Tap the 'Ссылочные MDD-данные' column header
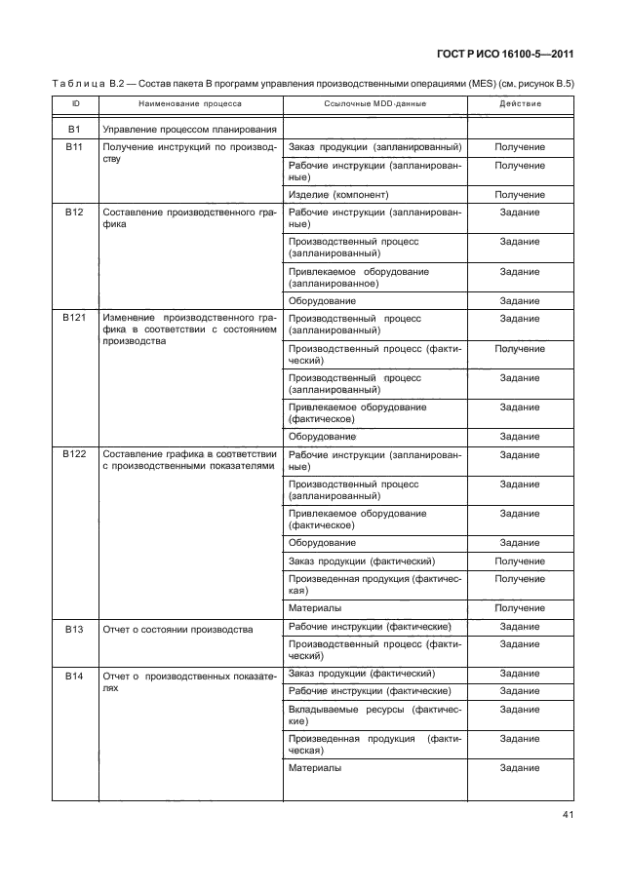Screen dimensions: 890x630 pos(374,103)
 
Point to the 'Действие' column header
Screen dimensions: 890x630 pos(520,103)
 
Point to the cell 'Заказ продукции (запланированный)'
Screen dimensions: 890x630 pos(374,147)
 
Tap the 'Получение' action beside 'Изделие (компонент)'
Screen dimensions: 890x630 pos(520,195)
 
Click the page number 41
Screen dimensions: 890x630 pos(569,816)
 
